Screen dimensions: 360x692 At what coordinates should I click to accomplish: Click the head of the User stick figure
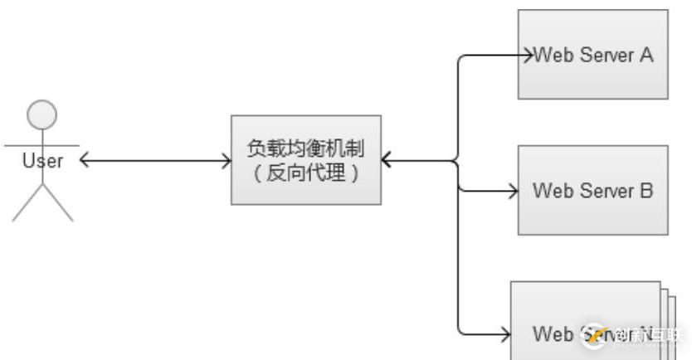[42, 115]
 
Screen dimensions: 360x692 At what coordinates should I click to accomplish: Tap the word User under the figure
[42, 161]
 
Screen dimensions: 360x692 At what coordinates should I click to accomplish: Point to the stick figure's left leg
[27, 206]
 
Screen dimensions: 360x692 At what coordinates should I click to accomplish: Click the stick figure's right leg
[58, 206]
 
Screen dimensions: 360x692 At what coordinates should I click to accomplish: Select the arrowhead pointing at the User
[85, 160]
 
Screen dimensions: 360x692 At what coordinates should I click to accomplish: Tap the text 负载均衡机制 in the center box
[305, 148]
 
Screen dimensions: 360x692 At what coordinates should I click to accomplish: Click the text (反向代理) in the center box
[305, 173]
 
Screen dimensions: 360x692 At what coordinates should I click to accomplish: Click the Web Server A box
[592, 54]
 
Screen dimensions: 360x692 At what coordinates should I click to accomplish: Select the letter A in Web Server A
[646, 56]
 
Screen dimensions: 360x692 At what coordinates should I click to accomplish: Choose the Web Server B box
[592, 190]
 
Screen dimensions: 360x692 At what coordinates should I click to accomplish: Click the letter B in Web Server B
[646, 191]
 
